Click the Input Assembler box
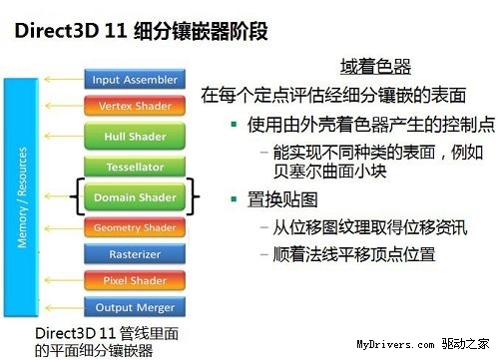pyautogui.click(x=134, y=80)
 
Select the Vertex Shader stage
pyautogui.click(x=134, y=106)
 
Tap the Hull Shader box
pyautogui.click(x=134, y=136)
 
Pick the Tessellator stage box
pyautogui.click(x=134, y=167)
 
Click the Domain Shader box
pyautogui.click(x=134, y=197)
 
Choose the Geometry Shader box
pyautogui.click(x=134, y=228)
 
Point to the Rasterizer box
pyautogui.click(x=134, y=254)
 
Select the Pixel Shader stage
pyautogui.click(x=134, y=281)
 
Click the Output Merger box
pyautogui.click(x=134, y=307)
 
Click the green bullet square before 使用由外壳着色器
pyautogui.click(x=234, y=126)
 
